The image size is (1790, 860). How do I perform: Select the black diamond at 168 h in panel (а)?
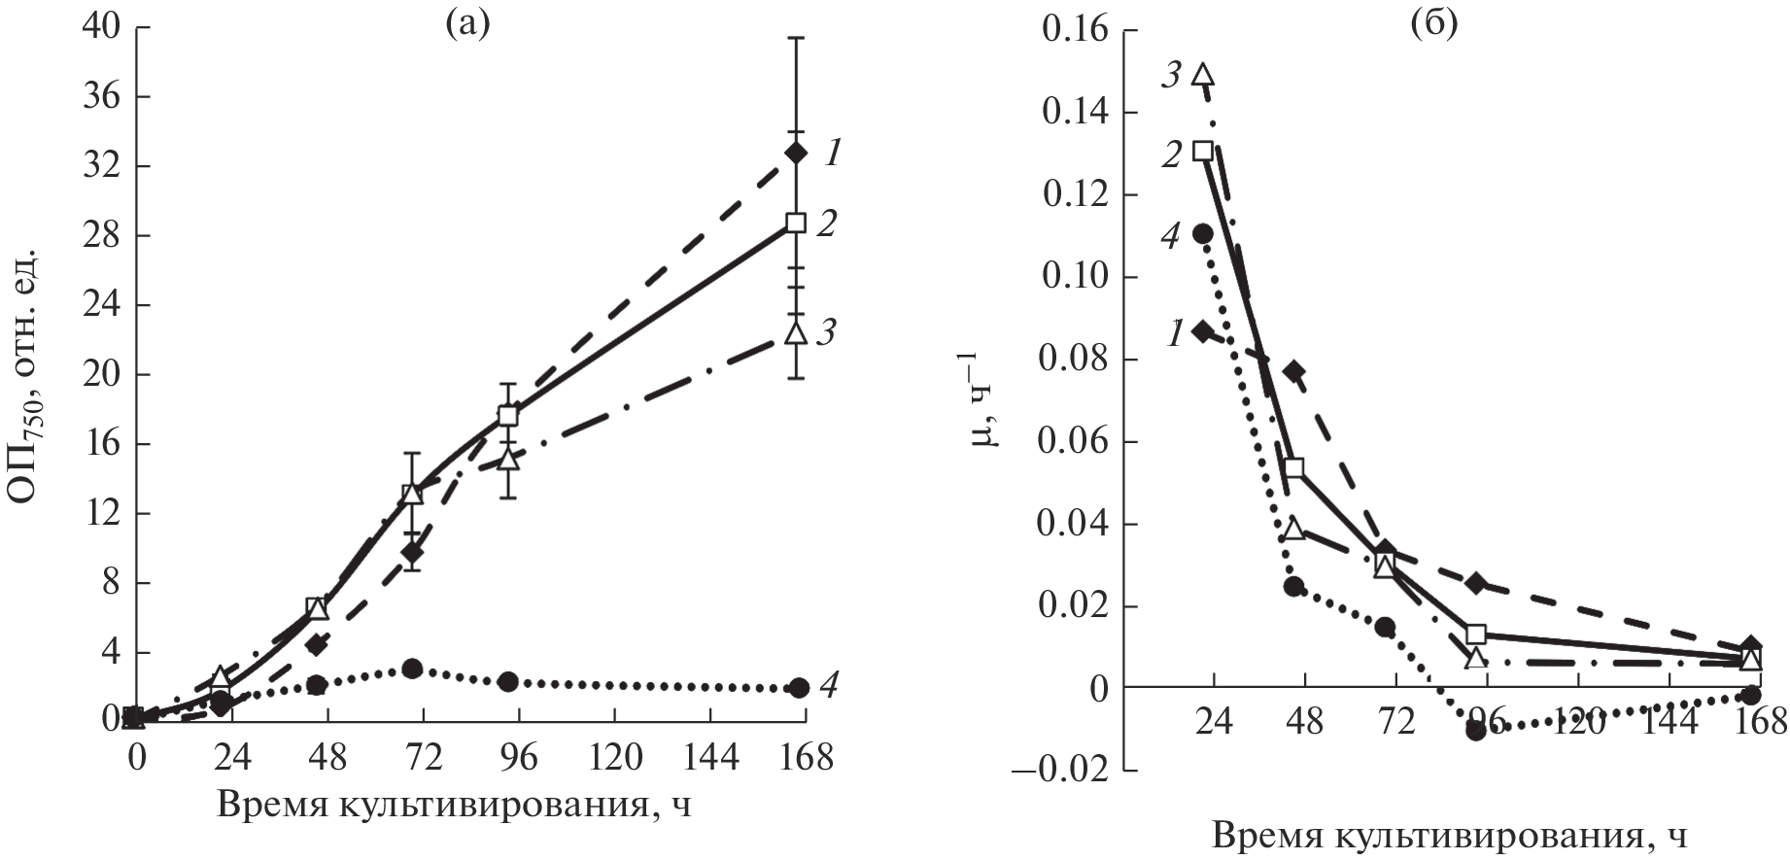pos(796,153)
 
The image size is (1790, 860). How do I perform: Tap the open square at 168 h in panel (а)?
pos(796,223)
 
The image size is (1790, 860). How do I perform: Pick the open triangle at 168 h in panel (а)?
pos(796,332)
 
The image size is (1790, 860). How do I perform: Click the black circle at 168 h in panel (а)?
pos(798,687)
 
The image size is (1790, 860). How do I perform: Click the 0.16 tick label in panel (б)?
pos(1074,31)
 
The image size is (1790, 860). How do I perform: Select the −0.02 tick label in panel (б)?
pos(1064,770)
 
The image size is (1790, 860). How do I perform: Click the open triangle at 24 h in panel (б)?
pos(1204,74)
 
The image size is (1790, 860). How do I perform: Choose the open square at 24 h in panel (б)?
pos(1203,151)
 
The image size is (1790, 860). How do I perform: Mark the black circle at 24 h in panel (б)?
pos(1203,233)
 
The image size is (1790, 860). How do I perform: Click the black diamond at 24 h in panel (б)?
pos(1203,332)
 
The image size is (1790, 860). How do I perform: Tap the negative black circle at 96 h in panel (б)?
pos(1476,731)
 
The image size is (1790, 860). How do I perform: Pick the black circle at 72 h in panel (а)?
pos(412,669)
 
